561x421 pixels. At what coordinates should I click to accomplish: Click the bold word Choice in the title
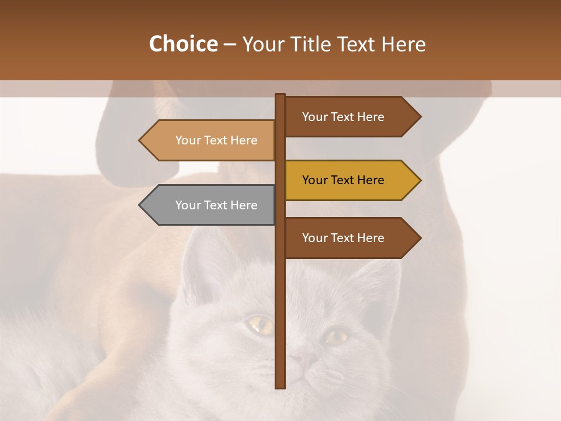(x=183, y=44)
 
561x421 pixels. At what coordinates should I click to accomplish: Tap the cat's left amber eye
(x=260, y=325)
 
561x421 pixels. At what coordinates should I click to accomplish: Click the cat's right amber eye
(x=337, y=336)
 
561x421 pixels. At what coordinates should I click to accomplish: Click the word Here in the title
(x=403, y=44)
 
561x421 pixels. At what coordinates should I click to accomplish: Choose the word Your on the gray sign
(x=188, y=205)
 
